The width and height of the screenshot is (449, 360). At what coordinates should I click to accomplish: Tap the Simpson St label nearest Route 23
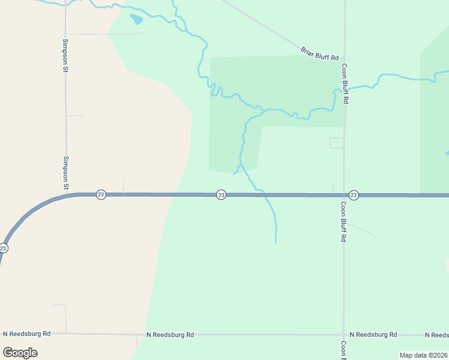65,173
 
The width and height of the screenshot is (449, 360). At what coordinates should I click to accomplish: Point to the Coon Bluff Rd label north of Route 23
345,84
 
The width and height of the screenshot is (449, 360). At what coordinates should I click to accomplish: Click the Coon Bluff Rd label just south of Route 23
344,221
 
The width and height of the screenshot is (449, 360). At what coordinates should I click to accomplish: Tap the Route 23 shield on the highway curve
4,248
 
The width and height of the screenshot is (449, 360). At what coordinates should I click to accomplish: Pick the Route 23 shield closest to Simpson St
101,194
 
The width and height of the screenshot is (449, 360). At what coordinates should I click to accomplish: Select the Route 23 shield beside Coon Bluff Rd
354,195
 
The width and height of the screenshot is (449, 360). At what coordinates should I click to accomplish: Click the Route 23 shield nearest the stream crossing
221,194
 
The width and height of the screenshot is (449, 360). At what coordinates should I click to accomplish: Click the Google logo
20,352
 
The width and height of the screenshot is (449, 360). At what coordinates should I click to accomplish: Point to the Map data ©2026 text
424,355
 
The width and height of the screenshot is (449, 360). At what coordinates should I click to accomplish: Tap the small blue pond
137,19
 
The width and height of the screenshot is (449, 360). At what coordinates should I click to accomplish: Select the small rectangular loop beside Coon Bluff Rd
337,143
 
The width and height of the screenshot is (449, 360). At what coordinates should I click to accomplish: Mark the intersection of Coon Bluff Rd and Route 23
343,195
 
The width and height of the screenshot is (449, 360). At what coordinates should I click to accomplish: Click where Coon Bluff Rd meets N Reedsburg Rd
343,334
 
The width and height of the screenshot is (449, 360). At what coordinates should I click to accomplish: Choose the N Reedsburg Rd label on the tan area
26,334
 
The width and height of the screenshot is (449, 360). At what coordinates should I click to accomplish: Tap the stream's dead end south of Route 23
276,242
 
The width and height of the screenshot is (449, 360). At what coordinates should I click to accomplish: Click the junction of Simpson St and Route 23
66,195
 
